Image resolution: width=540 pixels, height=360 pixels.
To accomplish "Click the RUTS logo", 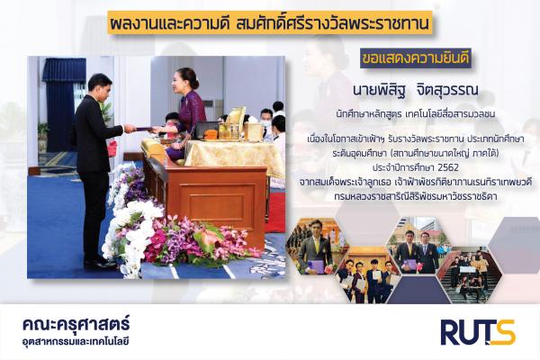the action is [478, 332].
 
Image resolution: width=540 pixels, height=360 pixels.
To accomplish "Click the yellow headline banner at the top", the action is [270, 23].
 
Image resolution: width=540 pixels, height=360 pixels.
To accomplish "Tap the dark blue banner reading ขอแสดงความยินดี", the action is [415, 58].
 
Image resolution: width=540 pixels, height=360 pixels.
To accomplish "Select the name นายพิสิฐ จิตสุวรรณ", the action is [416, 90].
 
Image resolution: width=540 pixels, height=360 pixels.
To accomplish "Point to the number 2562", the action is [447, 167].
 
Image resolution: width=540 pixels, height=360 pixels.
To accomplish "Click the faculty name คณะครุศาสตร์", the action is [76, 324].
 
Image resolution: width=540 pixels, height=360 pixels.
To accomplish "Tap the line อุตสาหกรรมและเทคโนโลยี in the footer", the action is [76, 342].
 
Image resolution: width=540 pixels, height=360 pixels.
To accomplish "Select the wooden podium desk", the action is [206, 197].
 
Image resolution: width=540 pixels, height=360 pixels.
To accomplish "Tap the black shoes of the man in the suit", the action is [97, 262].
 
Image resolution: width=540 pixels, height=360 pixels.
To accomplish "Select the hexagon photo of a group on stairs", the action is [471, 274].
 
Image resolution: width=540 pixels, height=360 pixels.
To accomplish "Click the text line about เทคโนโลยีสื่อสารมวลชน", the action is [416, 114].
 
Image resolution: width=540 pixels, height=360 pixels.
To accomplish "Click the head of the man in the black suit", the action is [100, 86].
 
